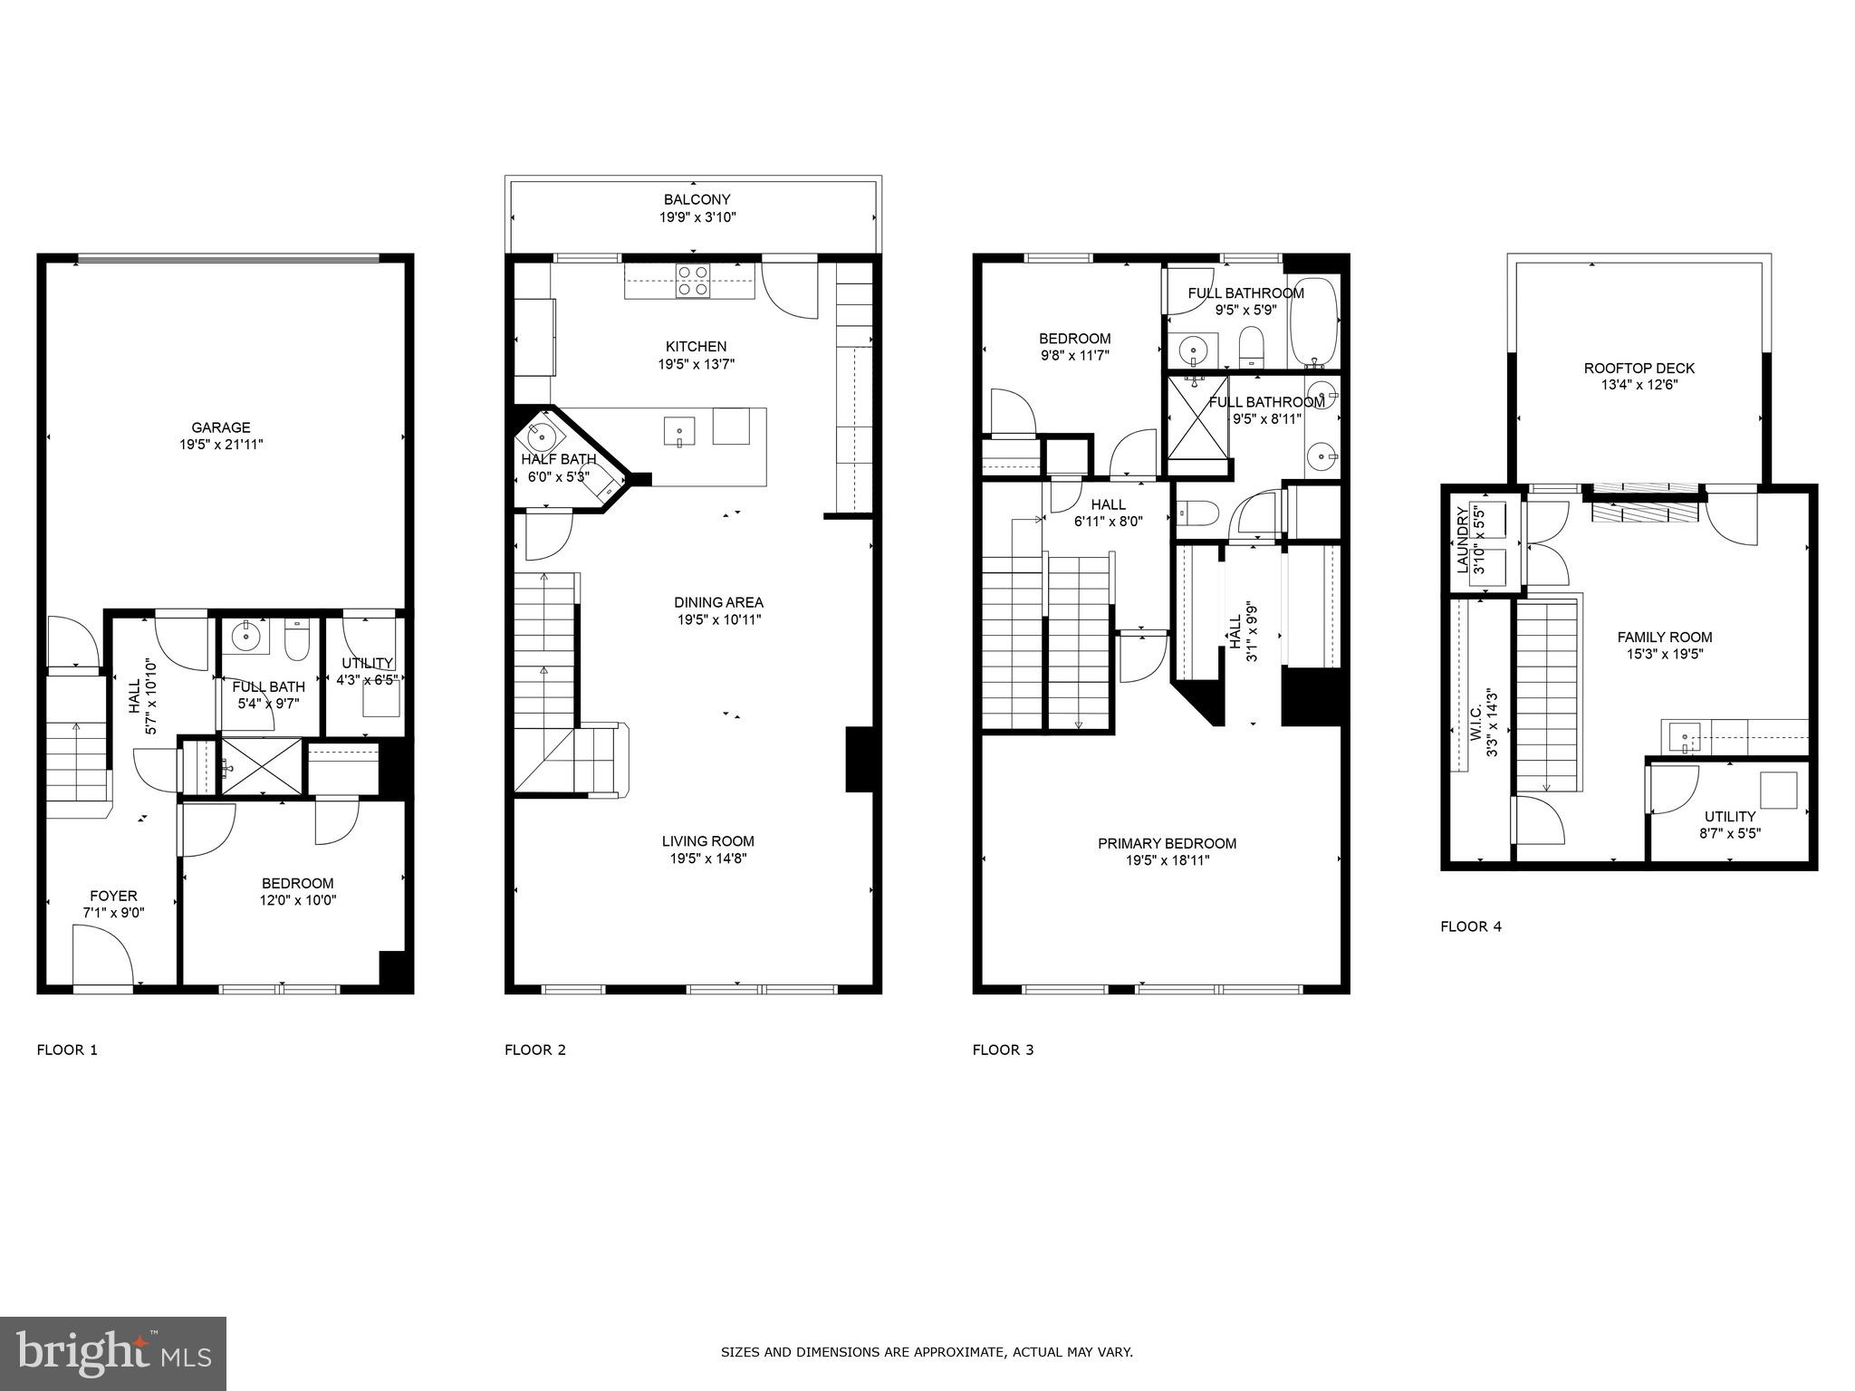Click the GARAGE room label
pos(220,427)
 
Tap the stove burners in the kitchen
pos(693,280)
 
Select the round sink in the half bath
pos(543,436)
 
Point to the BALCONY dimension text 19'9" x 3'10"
pos(697,217)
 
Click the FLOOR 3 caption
pos(1003,1050)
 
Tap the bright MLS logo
pos(113,1353)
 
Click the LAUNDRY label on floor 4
pos(1462,541)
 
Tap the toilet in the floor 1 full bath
pos(297,641)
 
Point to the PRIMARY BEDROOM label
pos(1167,843)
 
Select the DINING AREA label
pos(718,602)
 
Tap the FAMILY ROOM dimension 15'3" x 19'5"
pos(1664,654)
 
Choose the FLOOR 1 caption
pos(66,1050)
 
